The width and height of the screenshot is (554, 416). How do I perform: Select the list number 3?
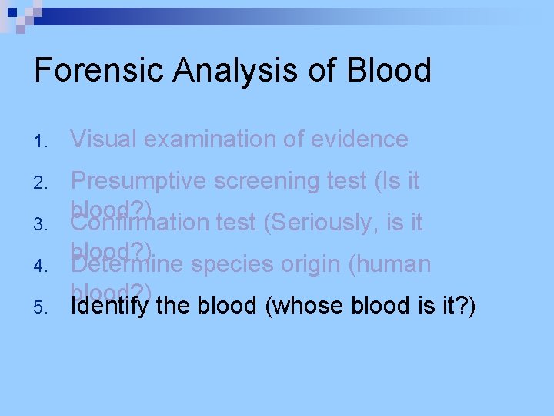coord(42,225)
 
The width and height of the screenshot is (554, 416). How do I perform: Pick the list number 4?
coord(42,267)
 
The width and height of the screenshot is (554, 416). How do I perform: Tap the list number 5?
coord(42,308)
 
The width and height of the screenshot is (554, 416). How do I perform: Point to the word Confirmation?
coord(139,223)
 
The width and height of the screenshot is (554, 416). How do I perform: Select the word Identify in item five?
coord(108,306)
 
